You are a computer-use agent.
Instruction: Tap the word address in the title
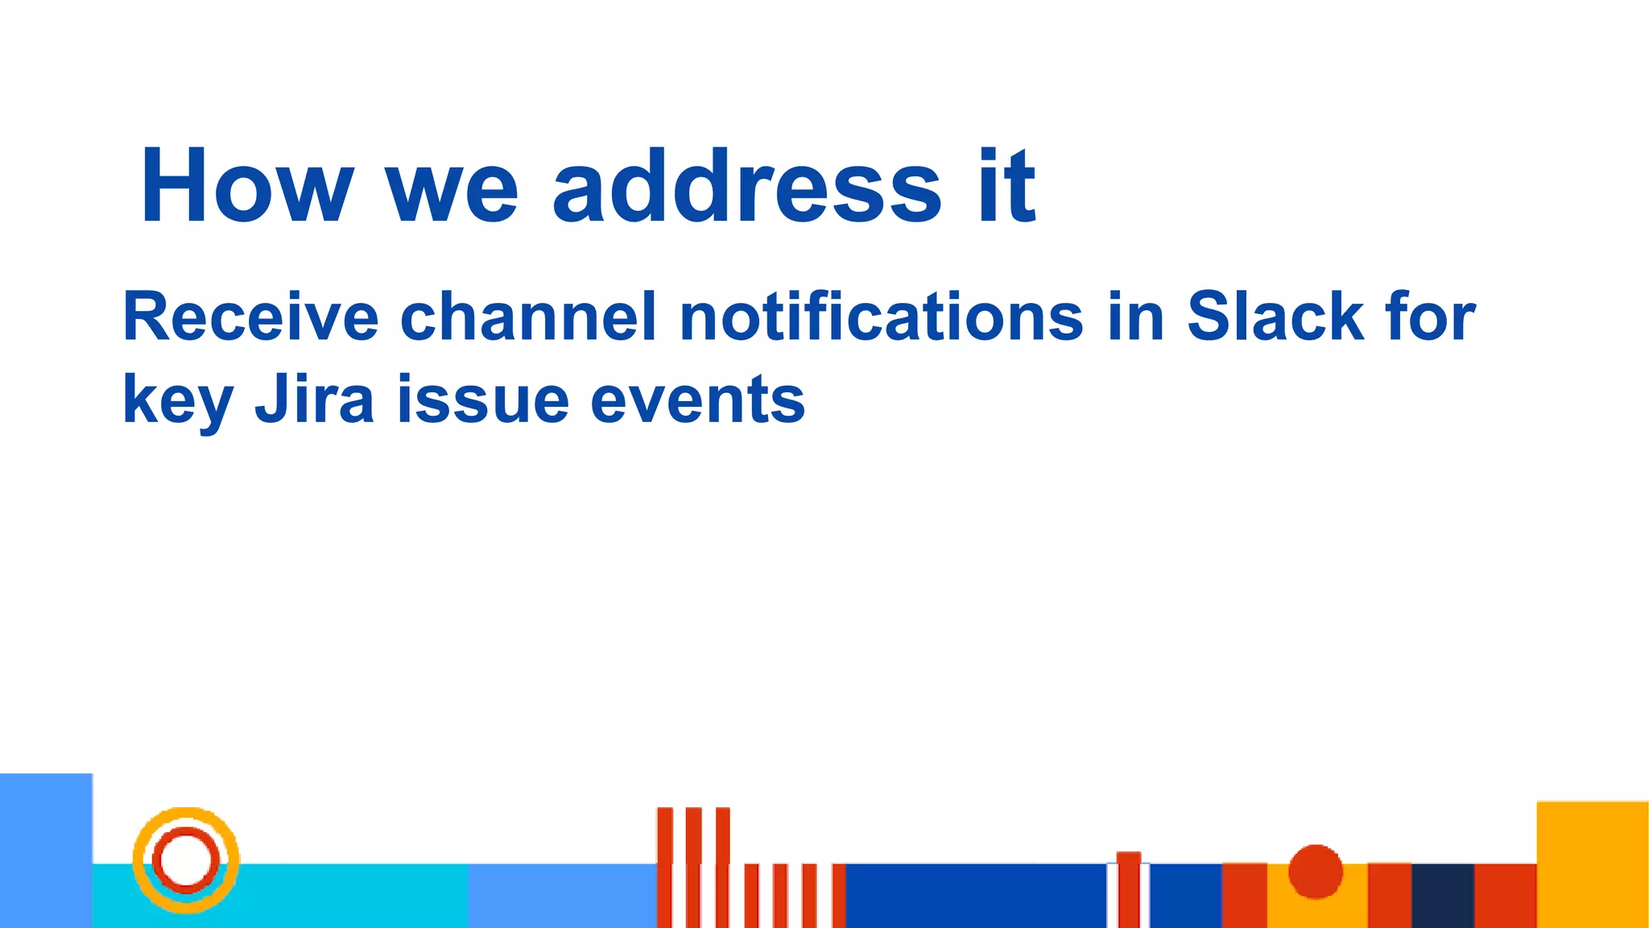point(746,187)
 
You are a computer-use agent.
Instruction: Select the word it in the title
point(1006,187)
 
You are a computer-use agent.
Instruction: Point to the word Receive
point(250,317)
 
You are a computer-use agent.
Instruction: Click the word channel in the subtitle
point(528,317)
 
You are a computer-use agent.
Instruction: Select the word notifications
point(882,317)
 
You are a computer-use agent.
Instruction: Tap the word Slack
point(1275,317)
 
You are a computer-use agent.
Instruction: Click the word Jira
point(315,400)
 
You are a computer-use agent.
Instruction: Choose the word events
point(697,401)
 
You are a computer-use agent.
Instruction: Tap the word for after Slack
point(1431,317)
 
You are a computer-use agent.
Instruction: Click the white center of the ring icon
point(186,860)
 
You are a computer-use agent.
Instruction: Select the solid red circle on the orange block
point(1316,871)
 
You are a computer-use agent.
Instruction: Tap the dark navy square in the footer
point(1443,896)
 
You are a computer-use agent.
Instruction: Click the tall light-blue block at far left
point(46,851)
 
